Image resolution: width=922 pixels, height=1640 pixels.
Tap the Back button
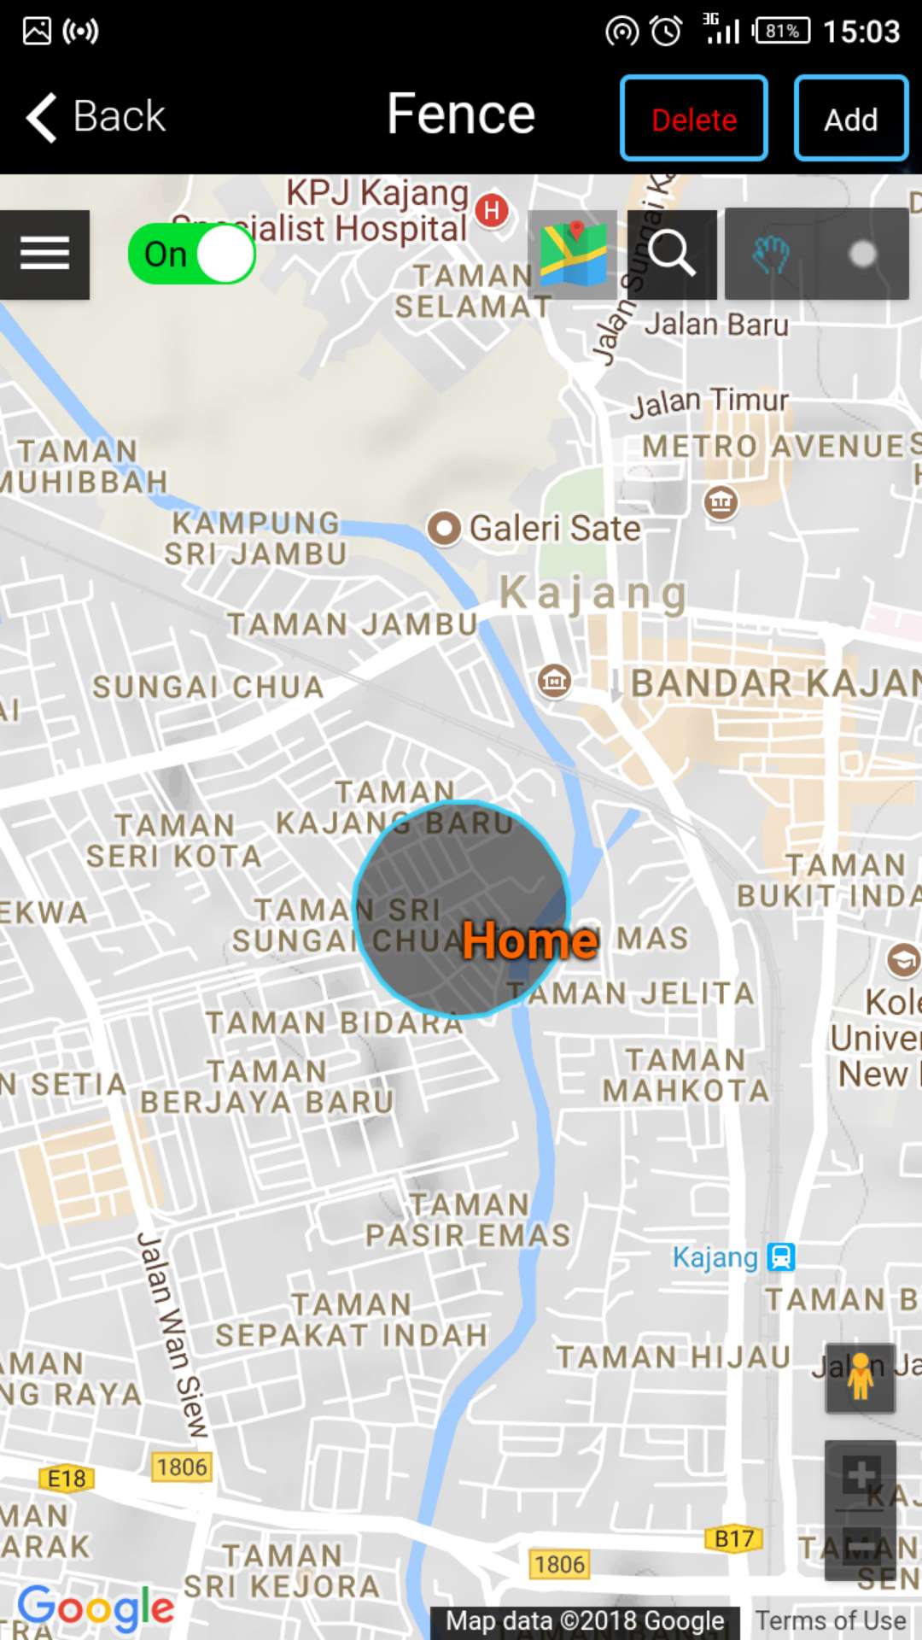pos(96,116)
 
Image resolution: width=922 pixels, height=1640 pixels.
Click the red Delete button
pos(693,119)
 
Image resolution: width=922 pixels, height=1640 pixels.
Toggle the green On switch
pos(192,254)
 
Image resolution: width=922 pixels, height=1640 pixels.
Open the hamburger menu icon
pos(44,254)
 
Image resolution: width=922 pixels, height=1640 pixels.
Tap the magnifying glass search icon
pos(671,254)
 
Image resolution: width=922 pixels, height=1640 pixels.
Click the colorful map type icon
pos(573,254)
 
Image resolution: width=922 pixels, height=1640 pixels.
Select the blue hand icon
pos(771,254)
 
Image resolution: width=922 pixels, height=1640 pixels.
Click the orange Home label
pos(529,941)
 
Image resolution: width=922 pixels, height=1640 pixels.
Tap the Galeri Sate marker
pos(444,528)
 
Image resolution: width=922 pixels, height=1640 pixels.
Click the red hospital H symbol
pos(492,210)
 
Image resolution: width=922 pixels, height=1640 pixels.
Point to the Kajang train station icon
pos(781,1256)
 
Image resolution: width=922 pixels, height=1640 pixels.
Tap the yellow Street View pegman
pos(860,1377)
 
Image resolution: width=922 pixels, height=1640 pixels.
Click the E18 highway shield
pos(67,1479)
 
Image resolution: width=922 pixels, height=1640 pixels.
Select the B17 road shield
pos(733,1539)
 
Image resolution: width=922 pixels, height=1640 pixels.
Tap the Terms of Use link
pos(831,1620)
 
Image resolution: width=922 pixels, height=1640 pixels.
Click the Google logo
pos(96,1608)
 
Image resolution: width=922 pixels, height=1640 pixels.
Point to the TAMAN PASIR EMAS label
pos(468,1220)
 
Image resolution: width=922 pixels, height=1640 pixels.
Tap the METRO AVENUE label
pos(773,446)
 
